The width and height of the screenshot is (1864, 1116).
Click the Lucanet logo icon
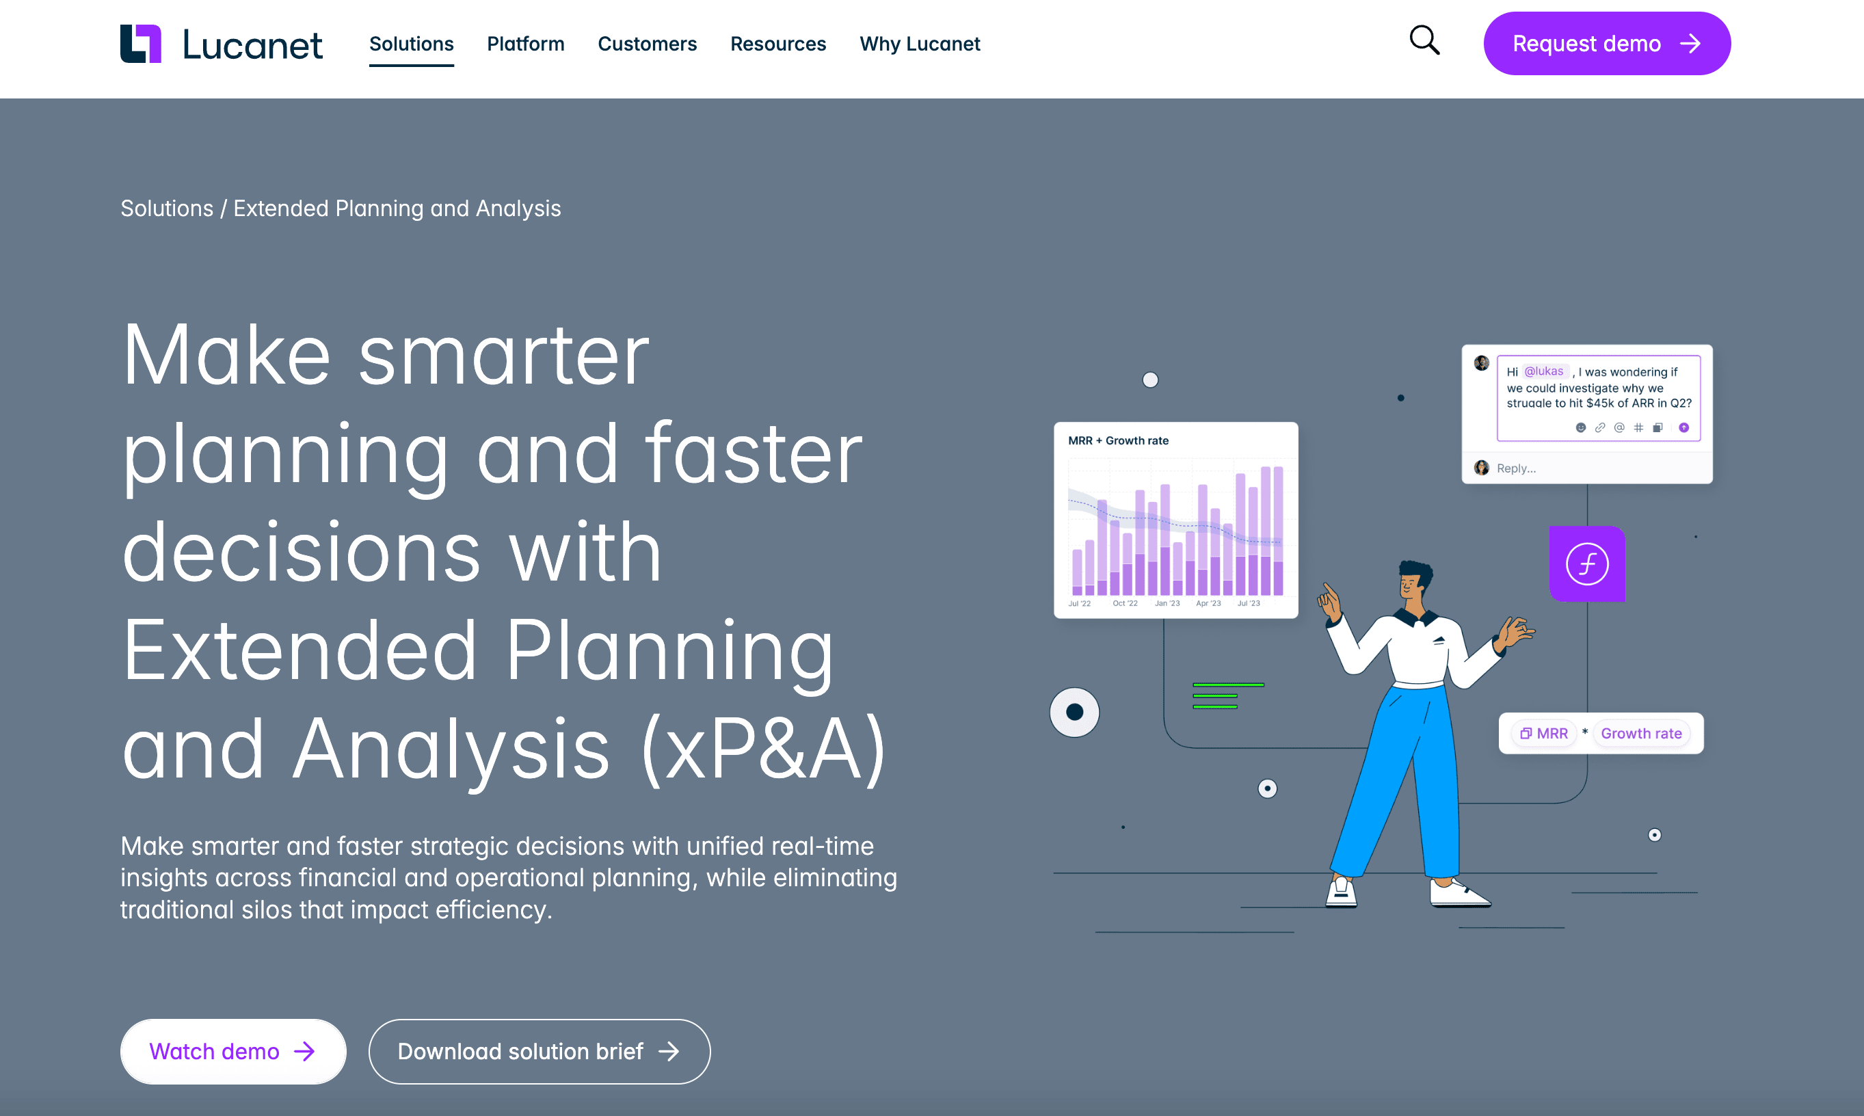click(141, 44)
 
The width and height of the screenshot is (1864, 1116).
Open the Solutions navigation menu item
click(412, 44)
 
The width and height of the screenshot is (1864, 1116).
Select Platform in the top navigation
click(526, 44)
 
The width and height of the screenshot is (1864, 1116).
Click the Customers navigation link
click(648, 44)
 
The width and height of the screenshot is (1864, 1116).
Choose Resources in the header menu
click(778, 44)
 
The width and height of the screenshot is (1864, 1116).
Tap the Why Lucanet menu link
click(920, 44)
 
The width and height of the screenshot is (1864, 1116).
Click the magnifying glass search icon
click(1424, 40)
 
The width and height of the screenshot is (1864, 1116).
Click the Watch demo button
click(233, 1051)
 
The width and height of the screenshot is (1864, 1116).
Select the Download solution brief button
click(539, 1051)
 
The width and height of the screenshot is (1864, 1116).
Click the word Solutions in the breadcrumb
click(167, 209)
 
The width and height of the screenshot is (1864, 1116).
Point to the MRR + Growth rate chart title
click(1118, 440)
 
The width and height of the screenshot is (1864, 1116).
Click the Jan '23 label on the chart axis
click(1167, 603)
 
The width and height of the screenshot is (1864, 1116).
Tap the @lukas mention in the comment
click(1545, 371)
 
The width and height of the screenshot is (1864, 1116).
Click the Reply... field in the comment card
click(1516, 468)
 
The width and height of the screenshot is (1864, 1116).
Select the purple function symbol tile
click(1587, 564)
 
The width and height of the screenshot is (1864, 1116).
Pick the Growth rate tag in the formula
click(1642, 733)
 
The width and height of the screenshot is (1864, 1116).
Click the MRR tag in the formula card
click(1545, 733)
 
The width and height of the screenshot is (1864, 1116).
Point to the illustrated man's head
click(1413, 581)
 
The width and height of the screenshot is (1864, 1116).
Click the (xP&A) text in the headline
click(764, 749)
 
